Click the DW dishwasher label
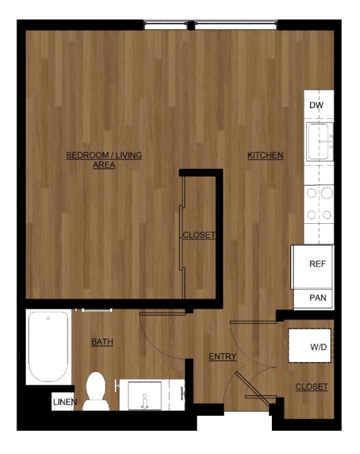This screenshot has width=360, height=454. click(316, 105)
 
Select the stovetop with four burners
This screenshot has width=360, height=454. click(318, 204)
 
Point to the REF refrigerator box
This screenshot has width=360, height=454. click(317, 264)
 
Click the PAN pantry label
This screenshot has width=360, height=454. click(317, 298)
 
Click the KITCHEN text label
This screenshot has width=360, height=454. click(265, 155)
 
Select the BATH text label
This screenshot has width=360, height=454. click(102, 341)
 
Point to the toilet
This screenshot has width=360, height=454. click(96, 391)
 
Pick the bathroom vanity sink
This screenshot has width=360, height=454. click(144, 395)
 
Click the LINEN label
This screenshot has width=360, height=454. click(65, 401)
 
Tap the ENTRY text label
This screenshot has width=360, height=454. click(222, 356)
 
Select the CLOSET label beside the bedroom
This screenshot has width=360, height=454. click(198, 235)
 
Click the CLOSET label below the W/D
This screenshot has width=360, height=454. click(311, 386)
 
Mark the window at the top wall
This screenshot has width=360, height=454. click(210, 25)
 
